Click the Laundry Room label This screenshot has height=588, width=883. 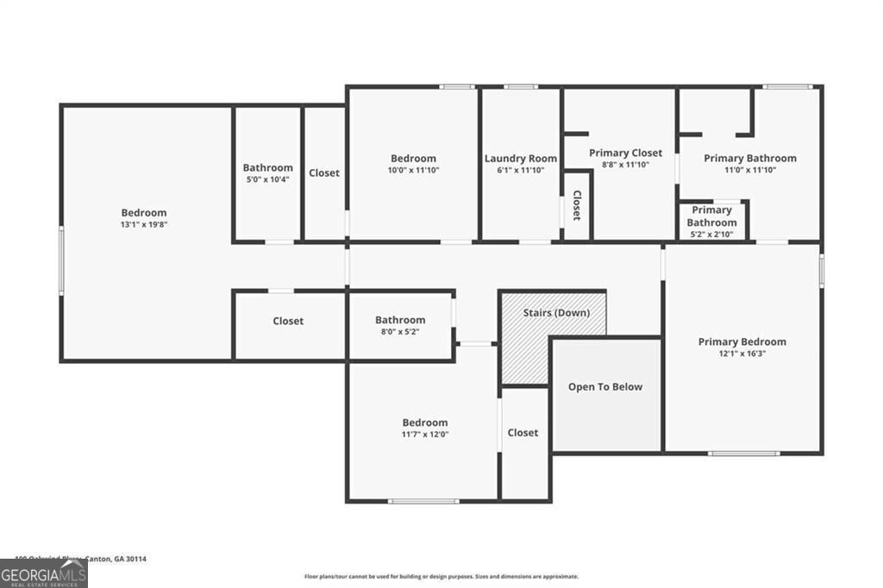tap(520, 159)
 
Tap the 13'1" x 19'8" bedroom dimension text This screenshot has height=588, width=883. tap(144, 225)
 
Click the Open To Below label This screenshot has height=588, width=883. tap(604, 387)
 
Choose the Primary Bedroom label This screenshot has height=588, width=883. tap(742, 341)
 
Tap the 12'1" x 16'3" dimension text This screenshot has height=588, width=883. tap(742, 353)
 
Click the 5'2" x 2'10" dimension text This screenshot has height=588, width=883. tap(711, 234)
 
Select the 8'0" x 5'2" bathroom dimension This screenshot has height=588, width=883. tap(399, 332)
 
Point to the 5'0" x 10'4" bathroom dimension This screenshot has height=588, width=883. tap(267, 179)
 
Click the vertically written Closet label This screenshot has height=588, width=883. tap(577, 205)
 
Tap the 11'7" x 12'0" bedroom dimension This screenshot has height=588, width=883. tap(425, 435)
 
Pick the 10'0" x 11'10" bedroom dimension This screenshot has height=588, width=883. tap(413, 171)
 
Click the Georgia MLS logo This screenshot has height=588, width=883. tap(43, 573)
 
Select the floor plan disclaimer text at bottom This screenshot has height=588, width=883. tap(441, 577)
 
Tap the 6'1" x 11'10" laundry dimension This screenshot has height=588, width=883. tap(520, 171)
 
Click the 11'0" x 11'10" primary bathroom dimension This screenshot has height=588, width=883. tap(749, 170)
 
